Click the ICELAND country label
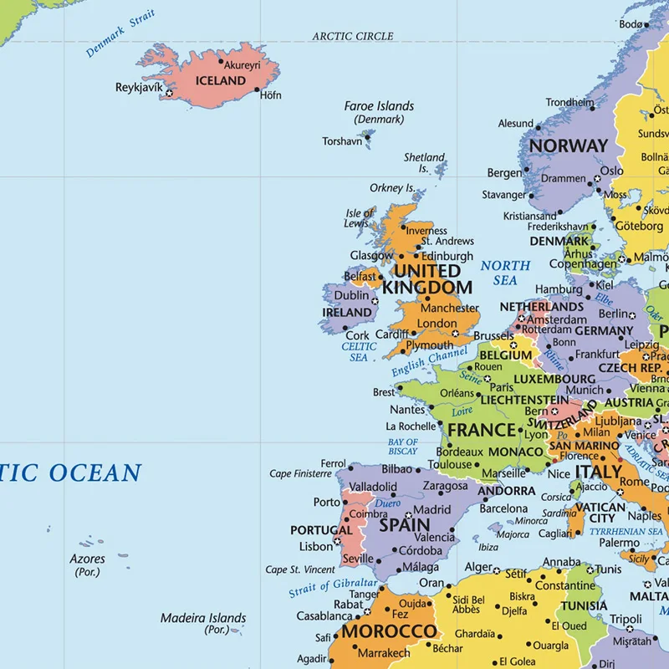click(220, 81)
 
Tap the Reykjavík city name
click(139, 87)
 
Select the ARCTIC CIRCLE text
click(353, 36)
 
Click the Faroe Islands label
click(379, 106)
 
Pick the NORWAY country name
click(568, 146)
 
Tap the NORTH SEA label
click(505, 273)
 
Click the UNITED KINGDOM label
click(427, 279)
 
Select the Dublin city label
click(351, 295)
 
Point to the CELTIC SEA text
click(359, 351)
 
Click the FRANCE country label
click(482, 431)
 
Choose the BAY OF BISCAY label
click(402, 447)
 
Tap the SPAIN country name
click(405, 527)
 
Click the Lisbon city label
click(316, 547)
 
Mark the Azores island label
click(88, 559)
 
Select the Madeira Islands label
click(203, 619)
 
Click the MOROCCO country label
click(389, 631)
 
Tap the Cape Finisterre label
click(300, 474)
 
